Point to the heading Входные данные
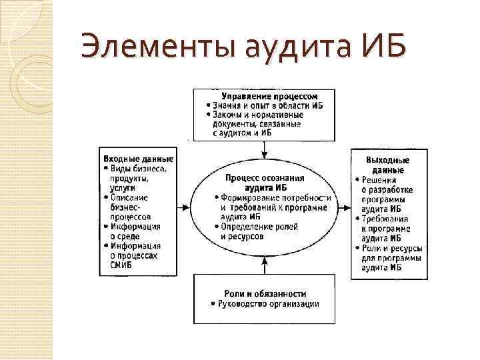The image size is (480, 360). click(138, 159)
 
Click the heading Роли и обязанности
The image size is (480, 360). click(265, 293)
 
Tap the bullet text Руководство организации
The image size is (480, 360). click(269, 305)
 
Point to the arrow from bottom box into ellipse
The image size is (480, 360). click(265, 266)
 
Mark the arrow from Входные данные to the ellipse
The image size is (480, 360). click(183, 206)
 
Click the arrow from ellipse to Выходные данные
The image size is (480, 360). click(346, 206)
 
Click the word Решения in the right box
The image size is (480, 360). click(379, 180)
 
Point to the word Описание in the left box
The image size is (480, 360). click(129, 197)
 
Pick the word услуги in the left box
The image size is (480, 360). click(123, 188)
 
